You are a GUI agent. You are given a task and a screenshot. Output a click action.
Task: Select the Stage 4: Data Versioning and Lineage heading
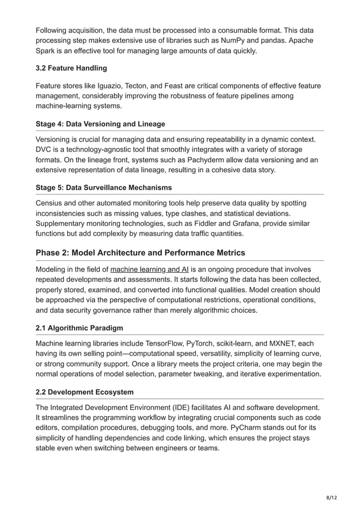pyautogui.click(x=100, y=124)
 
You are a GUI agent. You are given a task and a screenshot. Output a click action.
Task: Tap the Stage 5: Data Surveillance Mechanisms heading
pyautogui.click(x=104, y=187)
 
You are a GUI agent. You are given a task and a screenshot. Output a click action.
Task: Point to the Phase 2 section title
pyautogui.click(x=141, y=252)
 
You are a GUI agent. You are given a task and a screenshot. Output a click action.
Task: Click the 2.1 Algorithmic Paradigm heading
pyautogui.click(x=79, y=328)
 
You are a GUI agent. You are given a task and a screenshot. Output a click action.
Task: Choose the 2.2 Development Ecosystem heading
pyautogui.click(x=85, y=392)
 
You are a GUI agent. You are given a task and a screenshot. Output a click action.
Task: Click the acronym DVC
pyautogui.click(x=45, y=150)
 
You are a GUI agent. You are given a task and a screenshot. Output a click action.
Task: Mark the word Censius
pyautogui.click(x=52, y=203)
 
